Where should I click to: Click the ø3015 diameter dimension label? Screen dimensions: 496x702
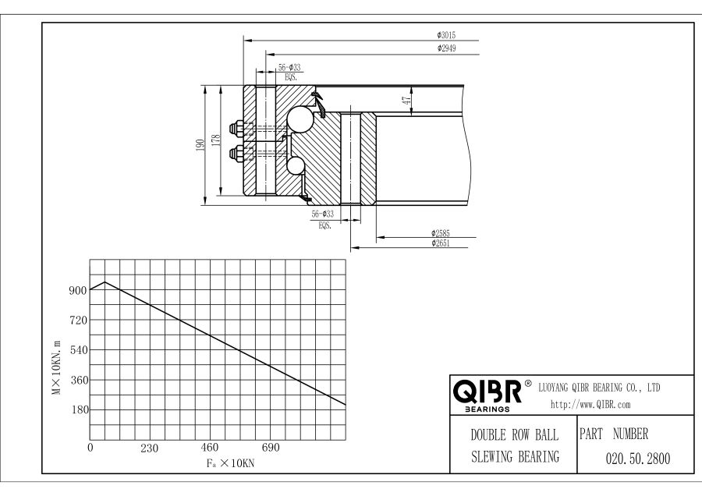pos(446,34)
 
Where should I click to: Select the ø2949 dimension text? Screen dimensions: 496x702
pos(446,48)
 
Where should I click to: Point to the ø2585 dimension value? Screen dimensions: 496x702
pos(443,232)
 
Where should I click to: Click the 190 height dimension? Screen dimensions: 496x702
pos(200,143)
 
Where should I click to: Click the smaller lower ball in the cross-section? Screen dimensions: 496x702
pos(296,165)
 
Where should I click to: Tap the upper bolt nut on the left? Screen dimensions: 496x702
pos(235,128)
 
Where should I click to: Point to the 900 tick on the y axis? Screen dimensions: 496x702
pos(76,290)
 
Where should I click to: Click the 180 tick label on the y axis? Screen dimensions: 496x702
pos(76,409)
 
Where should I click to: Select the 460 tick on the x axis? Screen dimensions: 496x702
pos(210,448)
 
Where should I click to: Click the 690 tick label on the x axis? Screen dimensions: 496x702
pos(270,448)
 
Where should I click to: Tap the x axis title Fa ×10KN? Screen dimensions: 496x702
pos(230,462)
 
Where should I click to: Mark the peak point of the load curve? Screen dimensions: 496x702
pos(105,282)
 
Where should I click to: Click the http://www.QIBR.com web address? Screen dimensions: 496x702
pos(590,404)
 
